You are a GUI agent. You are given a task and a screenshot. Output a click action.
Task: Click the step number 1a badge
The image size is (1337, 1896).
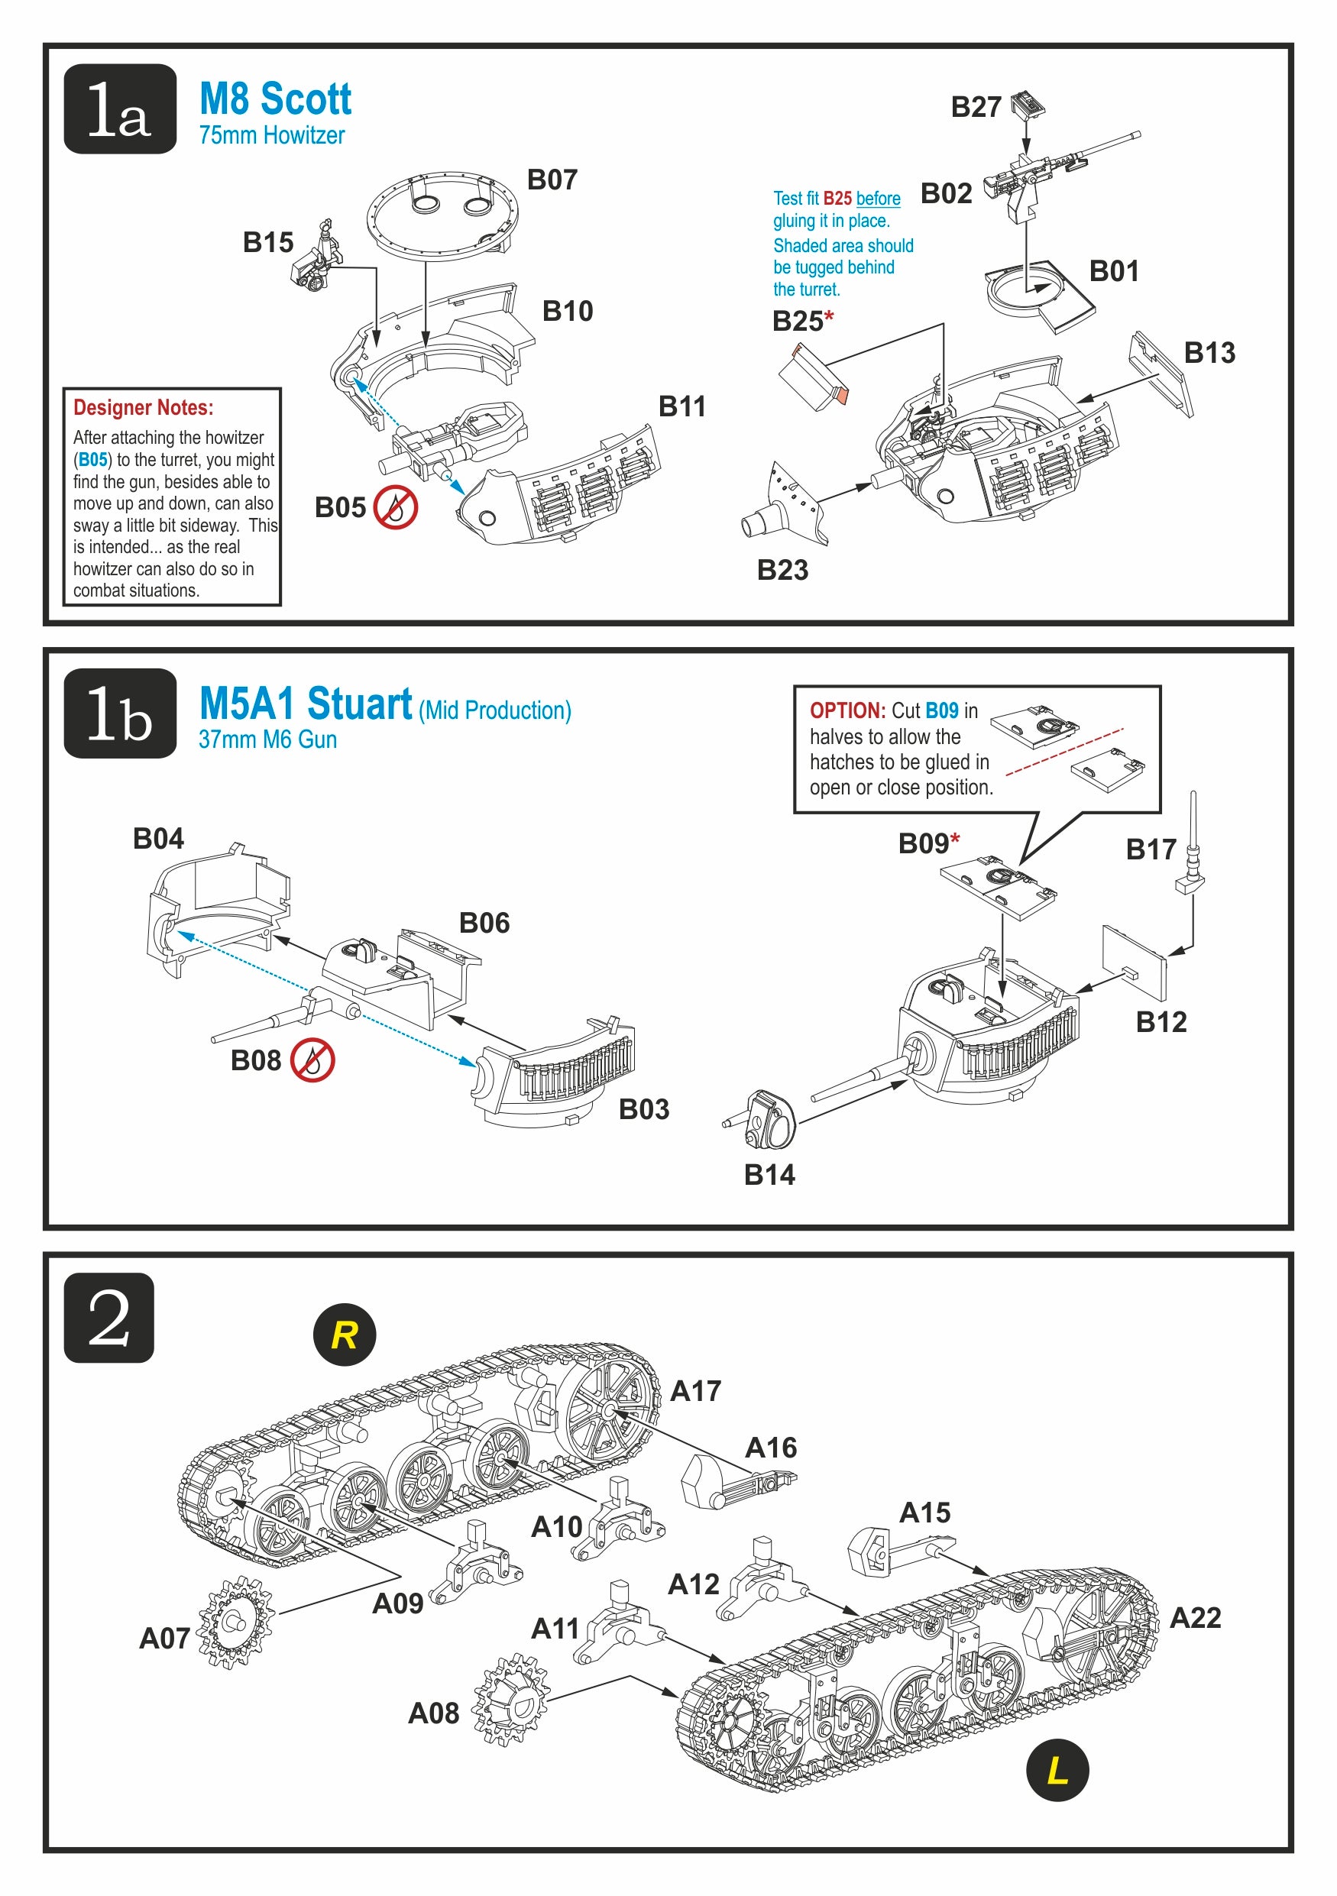coord(120,109)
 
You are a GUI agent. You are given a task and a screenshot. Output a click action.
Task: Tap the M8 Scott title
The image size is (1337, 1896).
coord(275,99)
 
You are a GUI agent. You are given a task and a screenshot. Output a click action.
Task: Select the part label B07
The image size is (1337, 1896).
coord(552,180)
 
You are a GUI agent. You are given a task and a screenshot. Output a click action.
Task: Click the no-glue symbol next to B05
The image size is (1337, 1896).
coord(396,507)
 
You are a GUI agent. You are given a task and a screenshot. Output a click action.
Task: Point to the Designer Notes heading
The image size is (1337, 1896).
coord(143,407)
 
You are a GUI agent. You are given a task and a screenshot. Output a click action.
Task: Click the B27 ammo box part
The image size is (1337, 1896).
coord(1028,104)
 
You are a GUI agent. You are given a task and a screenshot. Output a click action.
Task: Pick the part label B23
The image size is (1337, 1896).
coord(782,570)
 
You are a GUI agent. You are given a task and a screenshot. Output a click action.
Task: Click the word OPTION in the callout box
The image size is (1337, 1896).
coord(847,710)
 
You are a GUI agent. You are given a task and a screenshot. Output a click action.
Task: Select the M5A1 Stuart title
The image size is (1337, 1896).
coord(306,704)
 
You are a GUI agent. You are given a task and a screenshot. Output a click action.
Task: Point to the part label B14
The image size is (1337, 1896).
coord(769,1174)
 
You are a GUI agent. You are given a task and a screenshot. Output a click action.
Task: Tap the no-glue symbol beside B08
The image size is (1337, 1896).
coord(312,1060)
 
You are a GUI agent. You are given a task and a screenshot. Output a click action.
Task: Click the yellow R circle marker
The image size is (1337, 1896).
coord(345,1335)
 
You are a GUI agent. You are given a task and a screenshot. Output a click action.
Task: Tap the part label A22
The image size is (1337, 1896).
coord(1195,1618)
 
